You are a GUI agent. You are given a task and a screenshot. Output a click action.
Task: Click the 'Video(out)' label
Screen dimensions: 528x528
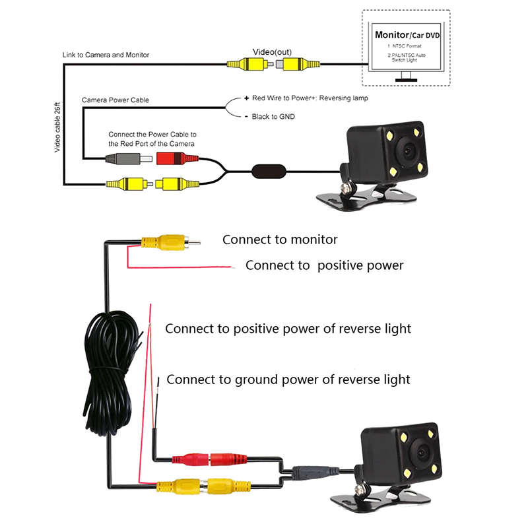point(273,51)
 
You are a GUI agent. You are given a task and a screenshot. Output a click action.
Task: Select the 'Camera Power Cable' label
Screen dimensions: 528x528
point(115,100)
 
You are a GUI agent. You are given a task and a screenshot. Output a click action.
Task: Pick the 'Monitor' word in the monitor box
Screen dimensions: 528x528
point(391,34)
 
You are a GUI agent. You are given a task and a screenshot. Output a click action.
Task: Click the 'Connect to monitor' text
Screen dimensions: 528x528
point(280,240)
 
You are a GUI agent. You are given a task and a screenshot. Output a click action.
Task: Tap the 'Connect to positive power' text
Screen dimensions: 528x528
point(324,265)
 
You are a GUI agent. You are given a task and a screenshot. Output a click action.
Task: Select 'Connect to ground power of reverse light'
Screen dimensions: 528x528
point(288,379)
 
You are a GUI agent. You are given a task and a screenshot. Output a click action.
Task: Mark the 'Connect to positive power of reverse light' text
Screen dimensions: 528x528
point(288,328)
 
